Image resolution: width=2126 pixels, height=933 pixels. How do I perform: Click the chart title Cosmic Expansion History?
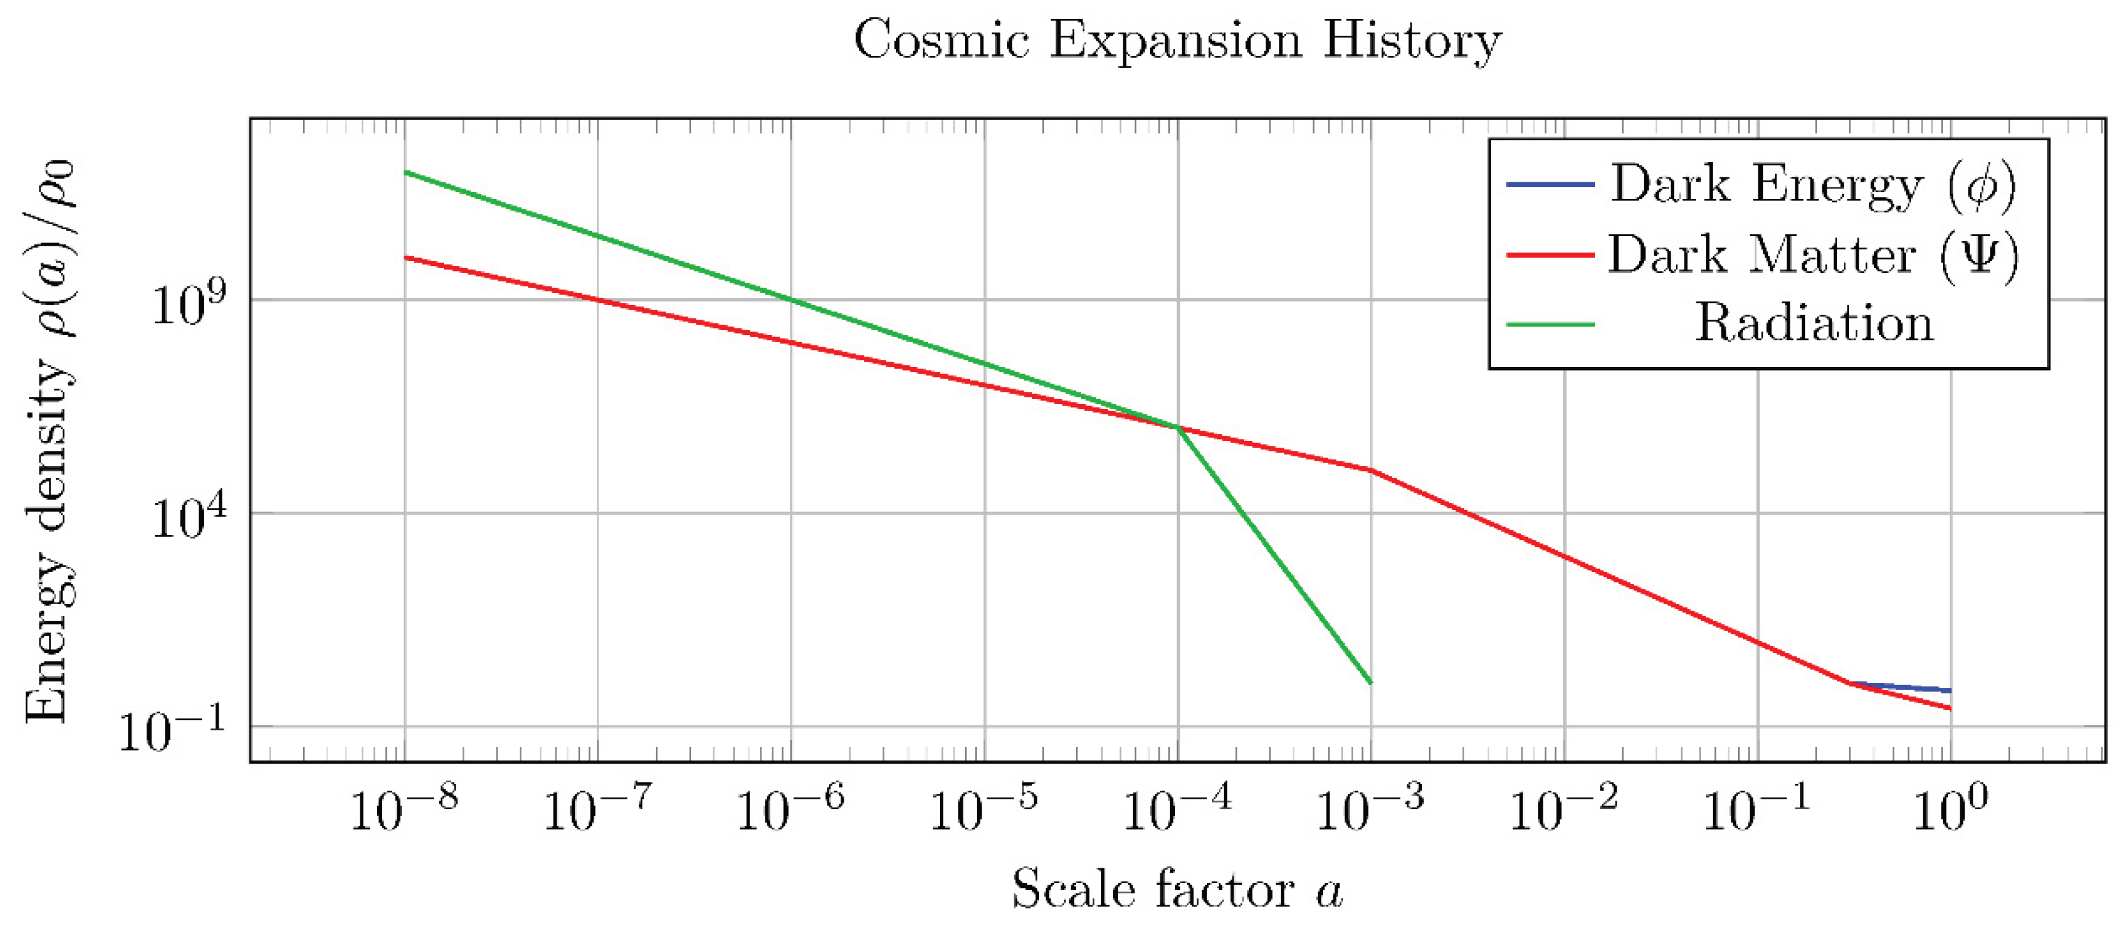(1177, 39)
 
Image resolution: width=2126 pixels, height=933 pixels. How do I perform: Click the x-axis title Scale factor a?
(1177, 889)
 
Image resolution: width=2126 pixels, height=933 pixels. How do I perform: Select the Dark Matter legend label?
(1813, 254)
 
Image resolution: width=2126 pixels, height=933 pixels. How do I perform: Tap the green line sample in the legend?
(1550, 324)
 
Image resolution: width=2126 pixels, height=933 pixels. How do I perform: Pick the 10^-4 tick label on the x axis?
(1177, 809)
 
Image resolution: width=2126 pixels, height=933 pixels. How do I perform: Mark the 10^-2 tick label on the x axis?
(1563, 809)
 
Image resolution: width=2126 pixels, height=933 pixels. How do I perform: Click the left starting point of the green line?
(405, 172)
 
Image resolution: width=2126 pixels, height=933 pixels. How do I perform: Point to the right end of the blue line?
(1949, 690)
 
